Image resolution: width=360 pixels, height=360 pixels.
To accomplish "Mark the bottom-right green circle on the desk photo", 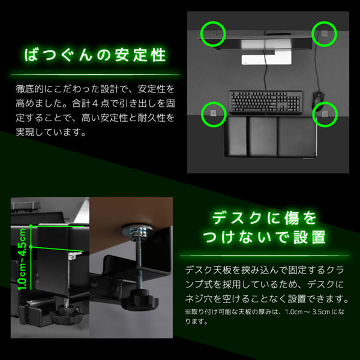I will point(325,111).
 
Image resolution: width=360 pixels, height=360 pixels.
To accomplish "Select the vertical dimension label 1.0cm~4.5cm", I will point(23,259).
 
